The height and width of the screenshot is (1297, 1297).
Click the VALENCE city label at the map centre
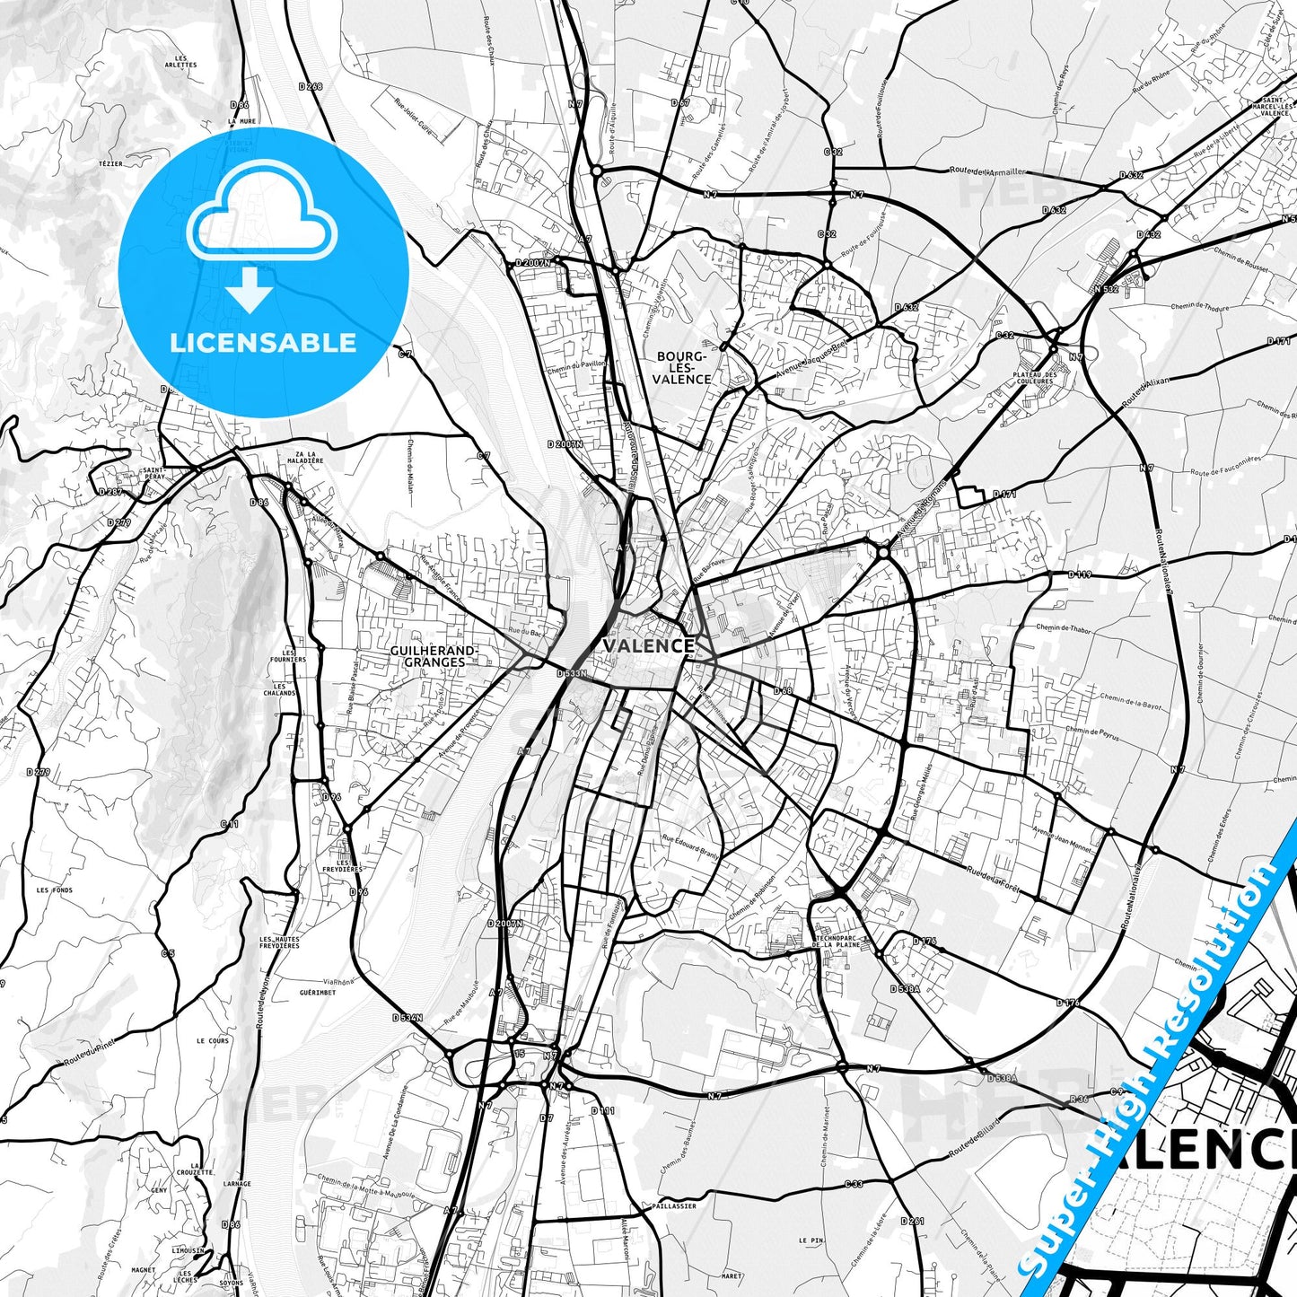[648, 645]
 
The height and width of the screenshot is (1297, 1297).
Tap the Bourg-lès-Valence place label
[682, 368]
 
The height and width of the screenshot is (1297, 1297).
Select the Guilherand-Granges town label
[434, 656]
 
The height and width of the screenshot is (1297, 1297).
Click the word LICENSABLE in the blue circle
[263, 343]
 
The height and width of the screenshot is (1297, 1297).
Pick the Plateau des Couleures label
[1032, 378]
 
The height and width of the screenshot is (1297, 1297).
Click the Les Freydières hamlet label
[343, 865]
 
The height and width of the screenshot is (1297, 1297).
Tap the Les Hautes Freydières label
[279, 942]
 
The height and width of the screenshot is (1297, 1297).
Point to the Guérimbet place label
[318, 993]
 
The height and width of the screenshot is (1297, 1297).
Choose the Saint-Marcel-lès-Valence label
[1275, 107]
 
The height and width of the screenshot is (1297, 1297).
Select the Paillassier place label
[674, 1206]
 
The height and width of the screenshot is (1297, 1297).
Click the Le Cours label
[213, 1041]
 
